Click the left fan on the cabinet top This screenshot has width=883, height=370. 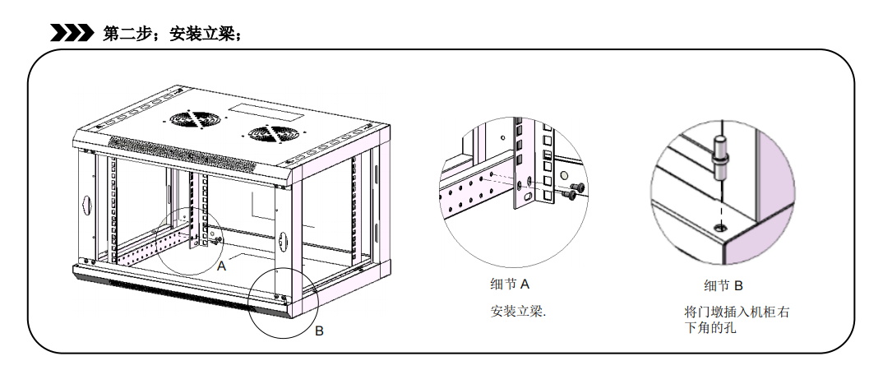[196, 119]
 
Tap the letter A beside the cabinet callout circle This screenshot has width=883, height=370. [221, 266]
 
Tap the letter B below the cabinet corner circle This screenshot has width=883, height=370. [320, 331]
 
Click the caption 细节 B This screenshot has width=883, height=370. [724, 285]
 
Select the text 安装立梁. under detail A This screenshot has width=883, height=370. [519, 313]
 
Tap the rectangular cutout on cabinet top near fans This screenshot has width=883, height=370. [254, 108]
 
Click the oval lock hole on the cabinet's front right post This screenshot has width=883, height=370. [282, 241]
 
